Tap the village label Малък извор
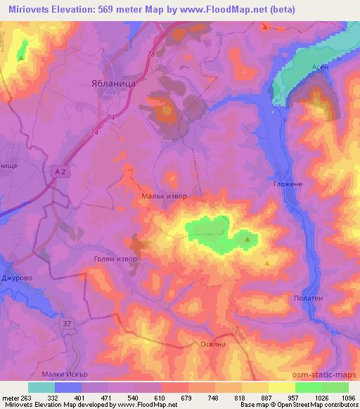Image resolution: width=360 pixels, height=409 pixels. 165,196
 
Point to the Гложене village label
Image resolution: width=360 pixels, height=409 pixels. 287,184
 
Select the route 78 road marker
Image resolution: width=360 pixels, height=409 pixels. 150,54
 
